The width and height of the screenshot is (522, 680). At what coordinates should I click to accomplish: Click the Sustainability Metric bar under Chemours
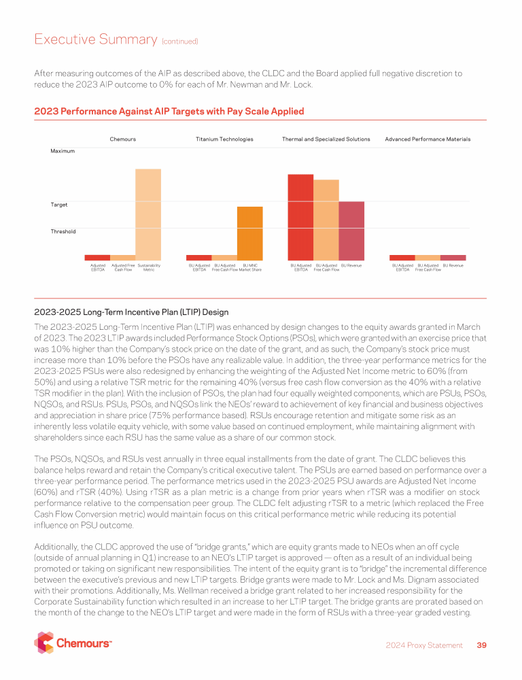[x=148, y=214]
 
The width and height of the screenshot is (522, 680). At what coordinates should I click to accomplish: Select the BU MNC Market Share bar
[x=249, y=233]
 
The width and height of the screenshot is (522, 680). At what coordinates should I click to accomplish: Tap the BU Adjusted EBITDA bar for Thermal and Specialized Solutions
[x=300, y=217]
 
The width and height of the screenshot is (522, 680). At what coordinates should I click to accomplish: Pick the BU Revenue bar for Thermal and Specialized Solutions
[x=351, y=231]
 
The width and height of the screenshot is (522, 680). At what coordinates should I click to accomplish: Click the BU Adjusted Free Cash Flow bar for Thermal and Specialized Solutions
[x=326, y=220]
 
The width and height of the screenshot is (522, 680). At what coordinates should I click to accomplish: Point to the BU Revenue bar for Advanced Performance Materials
[x=453, y=258]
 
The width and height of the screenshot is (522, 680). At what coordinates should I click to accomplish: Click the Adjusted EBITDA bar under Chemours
[x=97, y=258]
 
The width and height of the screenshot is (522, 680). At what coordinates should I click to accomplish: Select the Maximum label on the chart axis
[x=63, y=151]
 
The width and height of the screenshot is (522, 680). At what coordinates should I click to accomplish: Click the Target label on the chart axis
[x=58, y=204]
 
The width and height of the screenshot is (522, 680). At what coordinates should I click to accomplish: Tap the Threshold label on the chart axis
[x=63, y=231]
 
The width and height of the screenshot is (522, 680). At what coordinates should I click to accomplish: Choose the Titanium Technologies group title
[x=224, y=139]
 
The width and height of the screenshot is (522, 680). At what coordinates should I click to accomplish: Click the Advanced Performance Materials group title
[x=428, y=139]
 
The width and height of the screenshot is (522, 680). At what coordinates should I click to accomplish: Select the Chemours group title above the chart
[x=123, y=139]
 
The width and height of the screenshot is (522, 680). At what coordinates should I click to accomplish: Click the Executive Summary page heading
[x=96, y=39]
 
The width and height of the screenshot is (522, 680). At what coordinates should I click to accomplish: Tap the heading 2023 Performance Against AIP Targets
[x=169, y=111]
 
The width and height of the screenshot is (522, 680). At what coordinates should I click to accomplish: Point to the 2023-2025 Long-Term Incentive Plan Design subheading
[x=131, y=313]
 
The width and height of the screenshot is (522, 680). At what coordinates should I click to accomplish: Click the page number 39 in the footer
[x=481, y=645]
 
